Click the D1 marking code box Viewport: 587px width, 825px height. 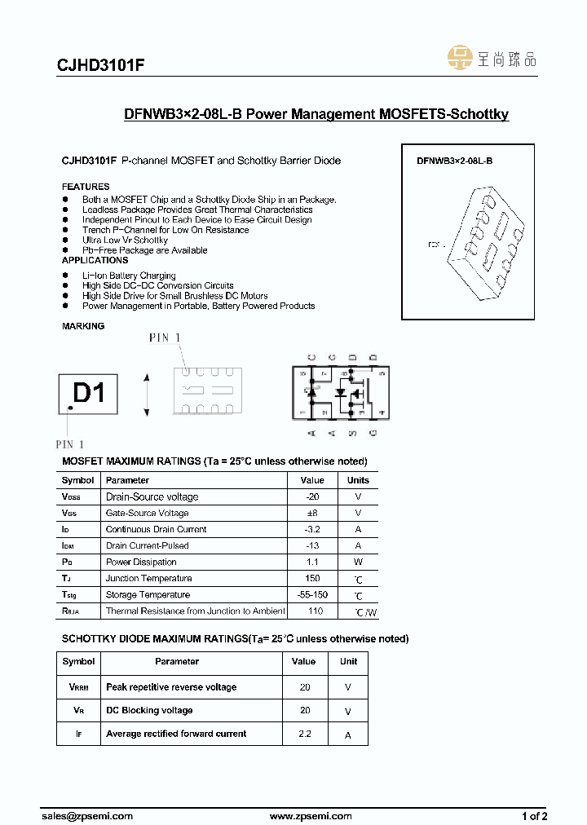tap(88, 394)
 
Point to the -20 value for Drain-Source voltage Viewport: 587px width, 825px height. tap(311, 496)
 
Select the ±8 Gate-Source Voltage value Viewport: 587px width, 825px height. tap(311, 513)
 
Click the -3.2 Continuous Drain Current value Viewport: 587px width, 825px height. tap(311, 529)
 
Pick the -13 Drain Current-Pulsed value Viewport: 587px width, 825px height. tap(311, 545)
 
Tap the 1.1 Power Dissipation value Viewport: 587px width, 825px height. tap(311, 562)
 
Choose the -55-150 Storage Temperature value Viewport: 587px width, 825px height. tap(311, 594)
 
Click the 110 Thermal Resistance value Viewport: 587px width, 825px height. tap(316, 611)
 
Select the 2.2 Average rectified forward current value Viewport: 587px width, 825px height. tap(304, 734)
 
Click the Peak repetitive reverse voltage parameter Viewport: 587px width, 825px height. tap(171, 687)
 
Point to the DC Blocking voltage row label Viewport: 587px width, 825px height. tap(149, 710)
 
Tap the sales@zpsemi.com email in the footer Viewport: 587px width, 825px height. tap(86, 815)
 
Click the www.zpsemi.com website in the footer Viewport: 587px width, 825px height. tap(310, 815)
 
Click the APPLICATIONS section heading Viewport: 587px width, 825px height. tap(95, 260)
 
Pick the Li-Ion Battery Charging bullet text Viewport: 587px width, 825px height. tap(129, 276)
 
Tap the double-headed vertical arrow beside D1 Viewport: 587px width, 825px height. tap(146, 395)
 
